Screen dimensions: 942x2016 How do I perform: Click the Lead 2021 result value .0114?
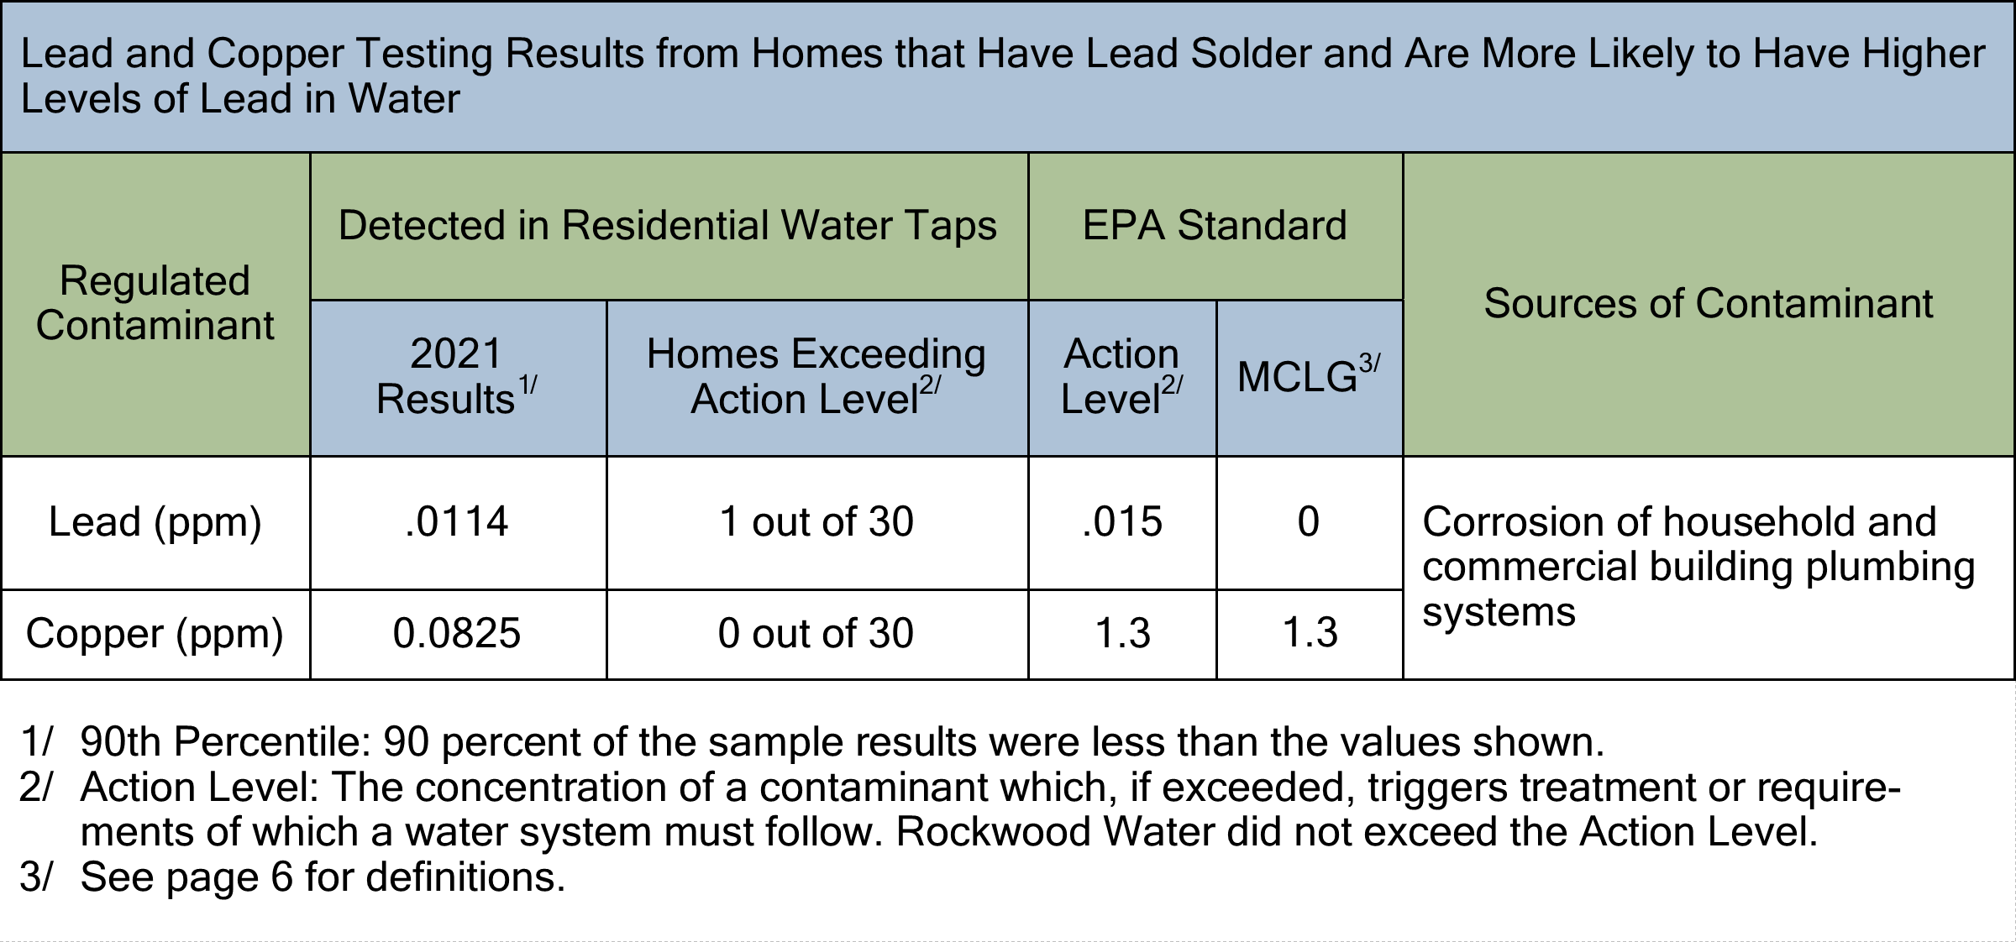457,522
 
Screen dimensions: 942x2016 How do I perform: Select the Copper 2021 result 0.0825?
457,633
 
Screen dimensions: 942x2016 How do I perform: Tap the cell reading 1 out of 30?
816,522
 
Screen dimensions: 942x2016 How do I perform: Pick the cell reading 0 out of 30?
816,633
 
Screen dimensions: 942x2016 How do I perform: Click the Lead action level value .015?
1122,522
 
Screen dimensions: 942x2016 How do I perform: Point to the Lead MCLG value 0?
1309,522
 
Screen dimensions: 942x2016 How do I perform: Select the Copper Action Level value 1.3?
1122,633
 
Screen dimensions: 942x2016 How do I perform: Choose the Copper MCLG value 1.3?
1310,633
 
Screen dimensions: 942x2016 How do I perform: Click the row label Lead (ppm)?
155,522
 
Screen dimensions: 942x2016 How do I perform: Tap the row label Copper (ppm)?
155,633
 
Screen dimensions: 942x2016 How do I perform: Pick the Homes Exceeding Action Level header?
816,376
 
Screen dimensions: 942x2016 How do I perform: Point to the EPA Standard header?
1215,225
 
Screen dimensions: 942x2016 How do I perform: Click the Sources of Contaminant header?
1709,303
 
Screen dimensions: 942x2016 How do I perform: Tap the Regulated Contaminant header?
155,303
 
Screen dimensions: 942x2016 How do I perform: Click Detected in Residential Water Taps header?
668,225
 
